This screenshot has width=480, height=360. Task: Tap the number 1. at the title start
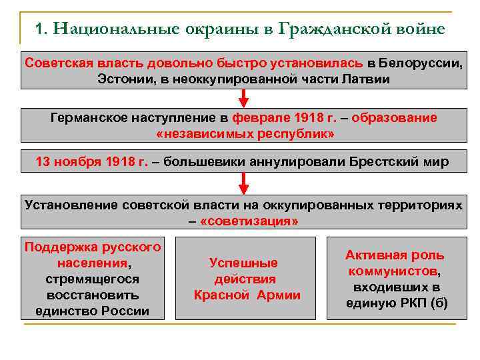tap(41, 29)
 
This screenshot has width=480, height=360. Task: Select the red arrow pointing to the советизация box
tap(243, 183)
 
